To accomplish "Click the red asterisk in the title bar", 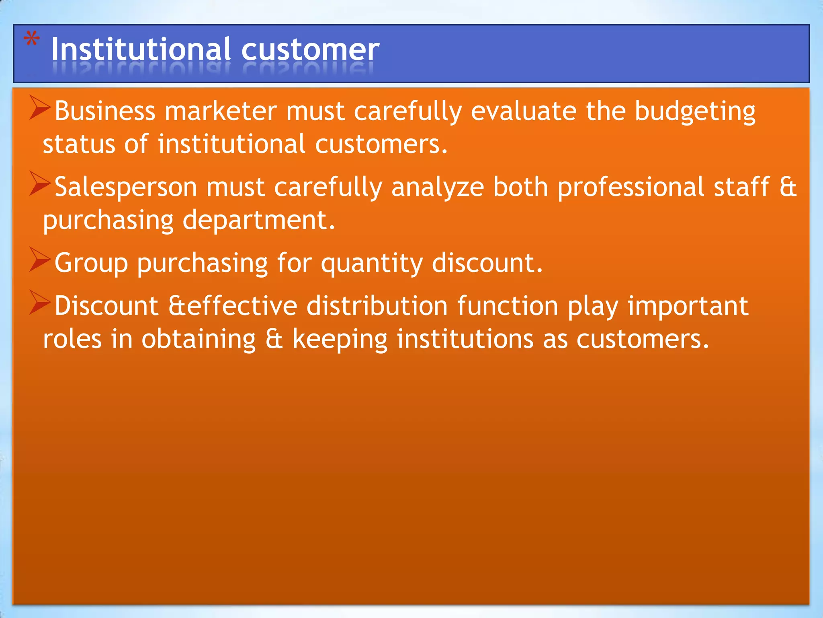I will (32, 40).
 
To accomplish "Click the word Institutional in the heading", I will (141, 49).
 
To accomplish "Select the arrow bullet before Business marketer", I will (40, 108).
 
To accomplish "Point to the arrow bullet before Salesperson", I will (40, 183).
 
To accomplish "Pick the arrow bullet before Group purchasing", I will (40, 260).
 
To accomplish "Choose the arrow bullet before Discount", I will (40, 303).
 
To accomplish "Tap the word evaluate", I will (524, 111).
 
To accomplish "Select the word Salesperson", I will (126, 187).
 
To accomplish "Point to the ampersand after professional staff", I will (788, 187).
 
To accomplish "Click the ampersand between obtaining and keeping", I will (274, 339).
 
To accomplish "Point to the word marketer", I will (221, 111).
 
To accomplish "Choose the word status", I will (79, 144).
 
